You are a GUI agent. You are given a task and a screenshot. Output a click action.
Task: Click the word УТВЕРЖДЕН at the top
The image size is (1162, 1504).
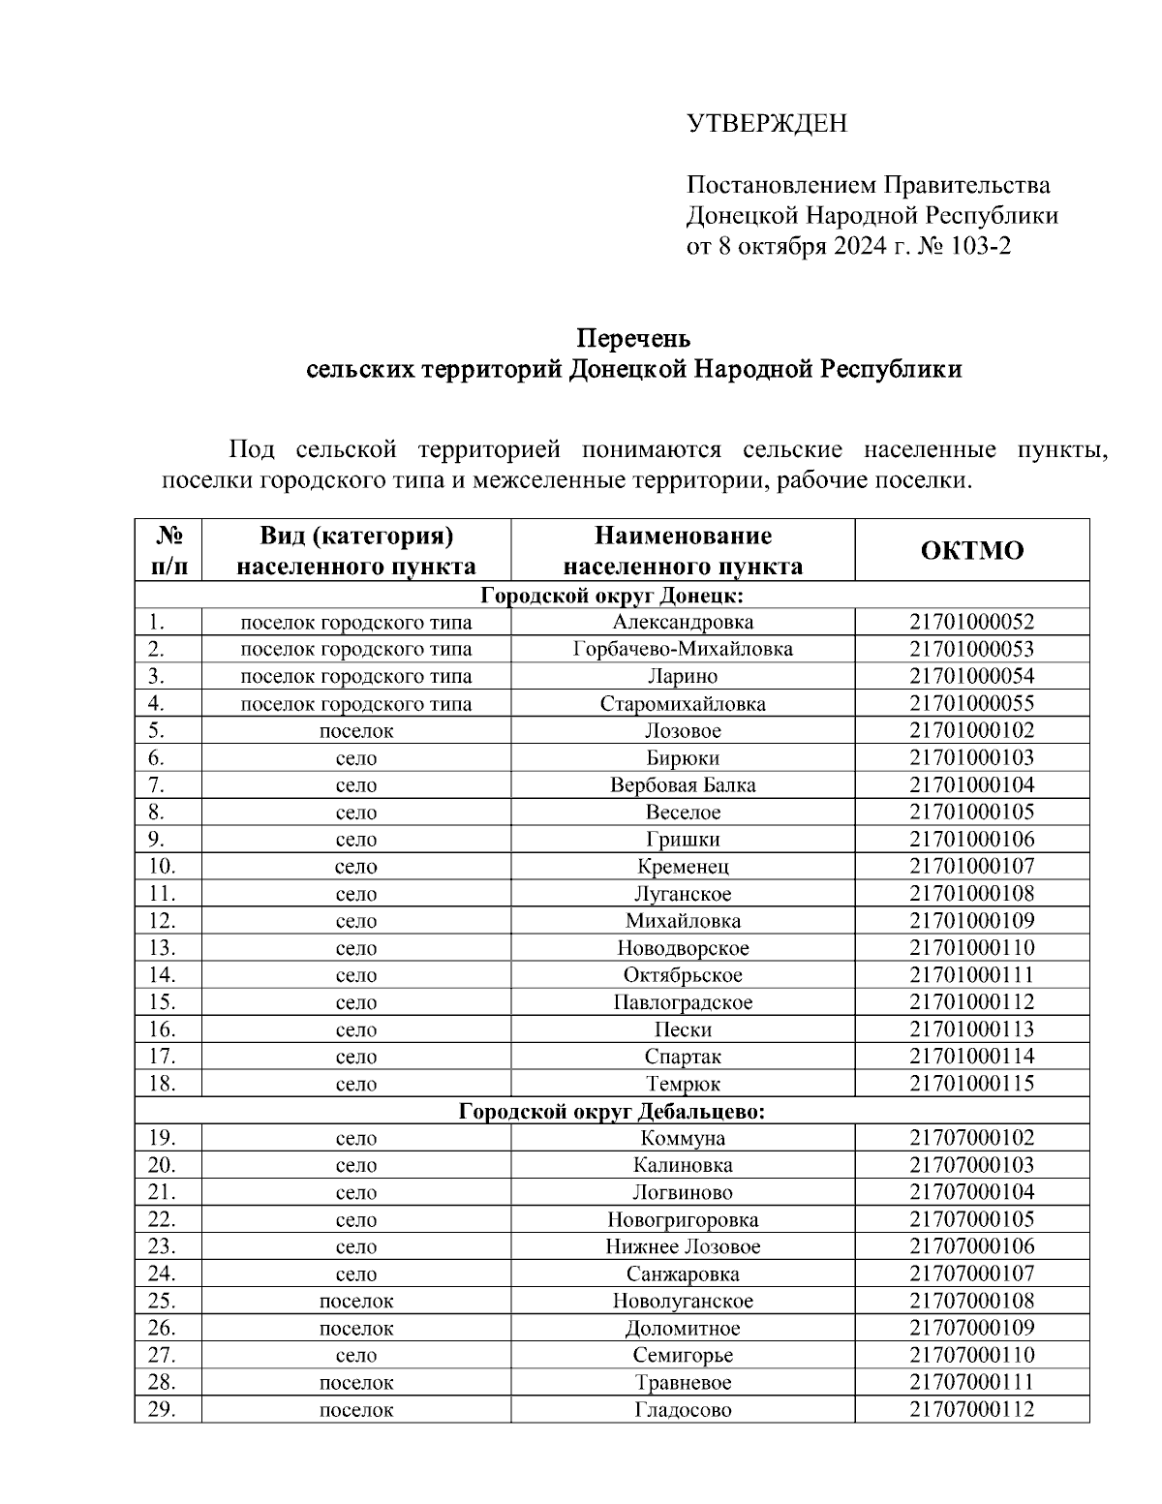coord(766,124)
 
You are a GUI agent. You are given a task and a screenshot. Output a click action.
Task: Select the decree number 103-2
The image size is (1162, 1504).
coord(978,246)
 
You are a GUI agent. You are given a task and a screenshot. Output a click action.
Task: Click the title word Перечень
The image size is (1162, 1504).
coord(633,338)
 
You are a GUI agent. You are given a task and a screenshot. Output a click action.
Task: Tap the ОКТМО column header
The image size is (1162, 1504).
coord(971,550)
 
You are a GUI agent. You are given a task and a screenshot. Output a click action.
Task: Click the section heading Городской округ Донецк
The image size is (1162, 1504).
coord(611,595)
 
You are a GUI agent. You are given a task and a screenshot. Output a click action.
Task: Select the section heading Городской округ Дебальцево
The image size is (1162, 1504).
coord(611,1111)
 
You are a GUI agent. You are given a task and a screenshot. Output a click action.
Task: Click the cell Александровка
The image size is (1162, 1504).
coord(683,622)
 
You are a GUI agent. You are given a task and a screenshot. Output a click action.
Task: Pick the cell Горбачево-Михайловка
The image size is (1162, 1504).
coord(683,649)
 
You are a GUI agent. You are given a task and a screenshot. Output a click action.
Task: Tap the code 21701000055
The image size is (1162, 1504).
coord(971,704)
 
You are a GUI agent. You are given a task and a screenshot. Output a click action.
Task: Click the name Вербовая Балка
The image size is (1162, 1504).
coord(683,785)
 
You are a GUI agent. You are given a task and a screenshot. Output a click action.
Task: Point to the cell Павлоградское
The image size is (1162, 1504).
coord(683,1002)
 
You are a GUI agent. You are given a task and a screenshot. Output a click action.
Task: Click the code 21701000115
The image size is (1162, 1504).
coord(971,1084)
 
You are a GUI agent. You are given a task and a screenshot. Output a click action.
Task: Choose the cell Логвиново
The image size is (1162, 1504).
coord(683,1192)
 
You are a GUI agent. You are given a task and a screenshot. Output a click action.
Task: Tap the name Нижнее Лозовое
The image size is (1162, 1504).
coord(683,1246)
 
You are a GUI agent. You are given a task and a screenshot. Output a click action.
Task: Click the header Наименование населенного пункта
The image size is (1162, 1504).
coord(683,550)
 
